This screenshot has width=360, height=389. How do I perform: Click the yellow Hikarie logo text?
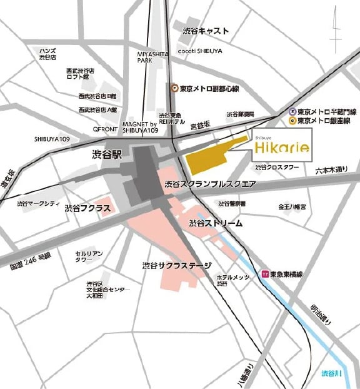281,148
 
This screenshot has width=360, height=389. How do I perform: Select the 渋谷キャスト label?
206,31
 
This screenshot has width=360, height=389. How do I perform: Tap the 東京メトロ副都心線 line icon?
175,88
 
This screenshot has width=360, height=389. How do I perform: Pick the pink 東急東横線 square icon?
265,273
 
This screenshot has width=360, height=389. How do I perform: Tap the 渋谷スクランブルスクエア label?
210,184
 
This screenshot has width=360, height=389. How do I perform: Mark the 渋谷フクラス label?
87,208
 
